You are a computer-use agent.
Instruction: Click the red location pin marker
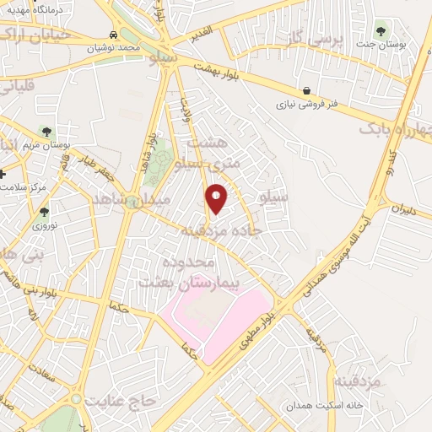tap(217, 198)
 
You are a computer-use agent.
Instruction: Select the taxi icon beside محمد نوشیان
tap(113, 35)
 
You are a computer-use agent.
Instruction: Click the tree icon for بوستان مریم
tap(45, 131)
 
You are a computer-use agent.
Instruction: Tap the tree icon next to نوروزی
tap(44, 212)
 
